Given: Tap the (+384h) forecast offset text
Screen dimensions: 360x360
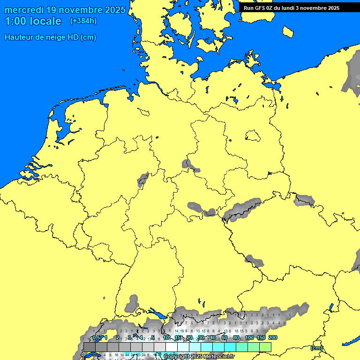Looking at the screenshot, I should (84, 21).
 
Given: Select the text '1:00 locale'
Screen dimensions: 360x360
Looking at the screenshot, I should (33, 21).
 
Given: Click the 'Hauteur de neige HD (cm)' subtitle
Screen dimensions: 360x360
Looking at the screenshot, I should (50, 37).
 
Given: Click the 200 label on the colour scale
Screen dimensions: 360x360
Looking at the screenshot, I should (272, 337).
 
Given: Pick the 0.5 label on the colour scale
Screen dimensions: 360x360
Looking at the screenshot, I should (96, 337).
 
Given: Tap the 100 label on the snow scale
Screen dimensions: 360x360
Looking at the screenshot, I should (249, 337).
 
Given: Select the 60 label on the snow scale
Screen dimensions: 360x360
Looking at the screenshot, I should (225, 337).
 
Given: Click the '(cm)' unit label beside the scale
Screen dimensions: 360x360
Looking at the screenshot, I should (316, 348).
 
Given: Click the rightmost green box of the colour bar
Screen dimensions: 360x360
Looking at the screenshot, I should (265, 347).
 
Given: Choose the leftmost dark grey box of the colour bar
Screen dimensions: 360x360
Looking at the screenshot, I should (90, 347).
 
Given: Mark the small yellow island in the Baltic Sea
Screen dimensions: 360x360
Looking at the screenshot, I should (288, 31).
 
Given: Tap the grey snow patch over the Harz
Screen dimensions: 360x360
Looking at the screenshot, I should (189, 165).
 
